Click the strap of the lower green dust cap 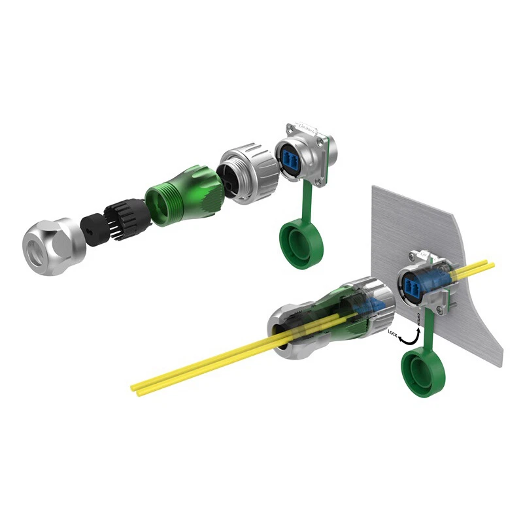429,330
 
